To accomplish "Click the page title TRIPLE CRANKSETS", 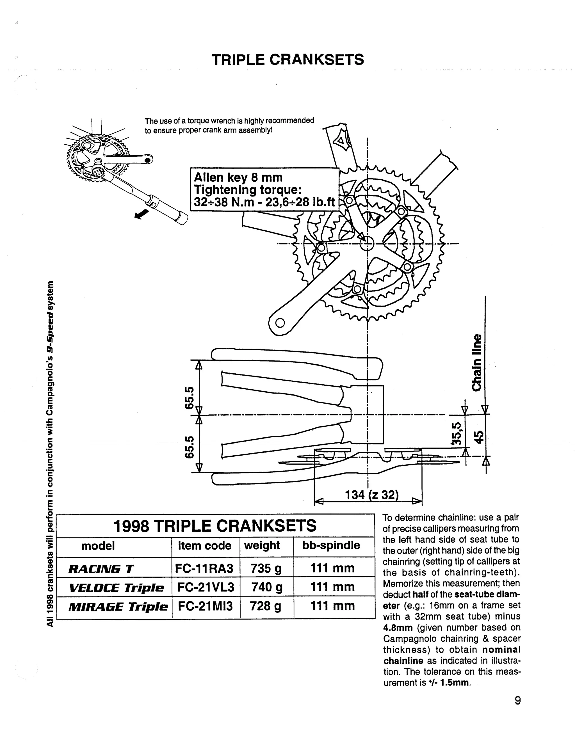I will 287,60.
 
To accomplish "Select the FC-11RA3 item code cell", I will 204,568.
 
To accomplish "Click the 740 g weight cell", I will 267,587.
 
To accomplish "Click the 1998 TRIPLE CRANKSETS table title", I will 215,526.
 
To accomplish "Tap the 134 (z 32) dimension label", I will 372,495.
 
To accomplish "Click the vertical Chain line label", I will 477,362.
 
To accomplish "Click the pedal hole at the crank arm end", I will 280,323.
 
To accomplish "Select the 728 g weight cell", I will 266,606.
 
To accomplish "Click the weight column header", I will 262,545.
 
